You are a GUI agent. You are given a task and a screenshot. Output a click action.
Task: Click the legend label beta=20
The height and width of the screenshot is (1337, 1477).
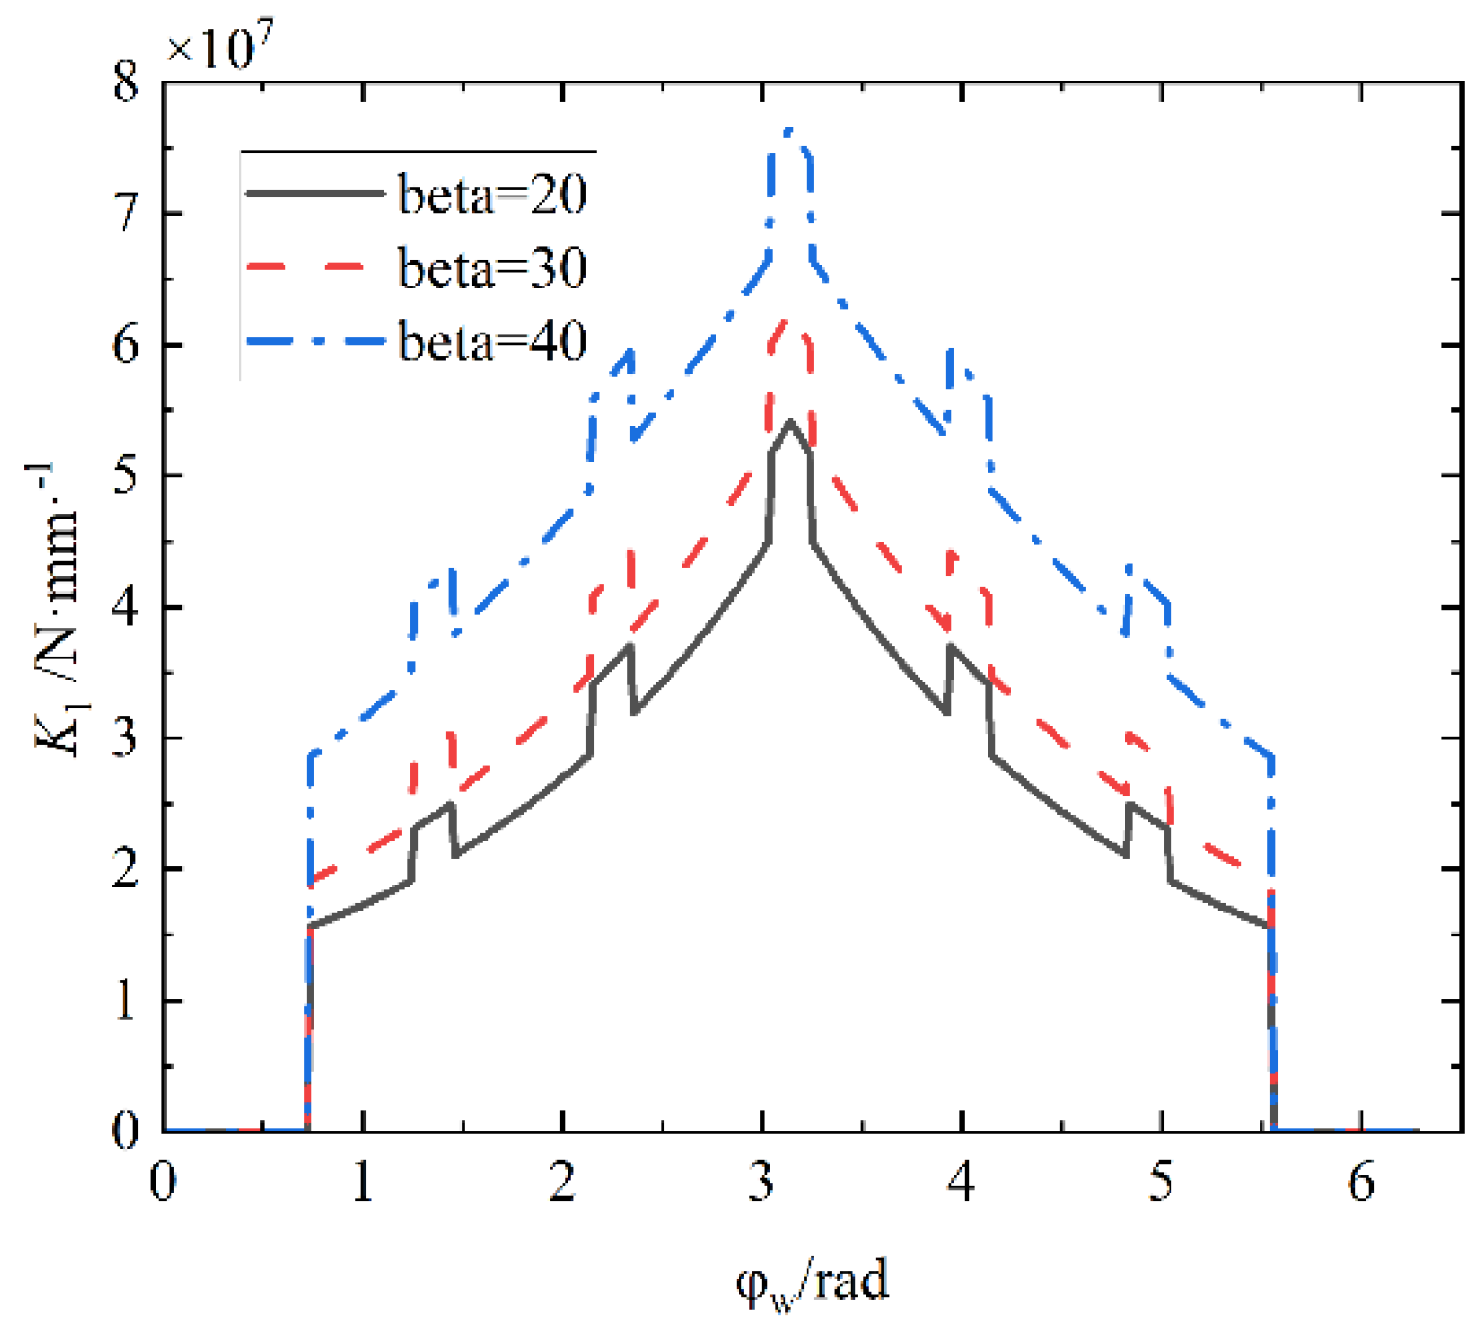pos(492,195)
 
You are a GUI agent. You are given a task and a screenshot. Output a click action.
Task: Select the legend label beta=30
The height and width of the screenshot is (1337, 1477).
pos(492,268)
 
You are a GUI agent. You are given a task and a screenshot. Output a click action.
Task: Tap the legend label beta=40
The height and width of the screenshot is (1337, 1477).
pos(492,341)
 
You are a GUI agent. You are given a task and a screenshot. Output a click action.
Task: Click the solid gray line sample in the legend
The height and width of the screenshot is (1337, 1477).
pos(314,194)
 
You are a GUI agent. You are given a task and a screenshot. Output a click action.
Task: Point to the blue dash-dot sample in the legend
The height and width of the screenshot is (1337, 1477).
pos(314,341)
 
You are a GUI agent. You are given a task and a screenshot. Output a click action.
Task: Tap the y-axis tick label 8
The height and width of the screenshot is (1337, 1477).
pos(126,82)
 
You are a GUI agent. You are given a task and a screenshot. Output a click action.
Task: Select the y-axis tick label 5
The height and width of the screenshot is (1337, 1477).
pos(126,475)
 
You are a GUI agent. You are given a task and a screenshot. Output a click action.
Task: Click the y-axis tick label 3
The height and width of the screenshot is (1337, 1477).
pos(126,738)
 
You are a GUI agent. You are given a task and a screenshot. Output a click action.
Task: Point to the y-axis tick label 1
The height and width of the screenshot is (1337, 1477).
pos(126,1001)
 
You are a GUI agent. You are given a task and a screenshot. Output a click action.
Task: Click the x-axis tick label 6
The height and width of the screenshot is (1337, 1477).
pos(1361,1183)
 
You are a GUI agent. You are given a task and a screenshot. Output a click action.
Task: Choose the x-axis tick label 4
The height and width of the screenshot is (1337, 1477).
pos(962,1183)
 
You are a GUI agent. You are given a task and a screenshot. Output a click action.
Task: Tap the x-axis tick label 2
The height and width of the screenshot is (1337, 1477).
pos(562,1183)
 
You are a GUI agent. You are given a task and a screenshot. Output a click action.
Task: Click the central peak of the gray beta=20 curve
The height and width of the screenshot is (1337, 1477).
pos(790,422)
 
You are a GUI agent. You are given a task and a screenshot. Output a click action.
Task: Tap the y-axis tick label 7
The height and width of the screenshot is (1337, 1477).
pos(126,213)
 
